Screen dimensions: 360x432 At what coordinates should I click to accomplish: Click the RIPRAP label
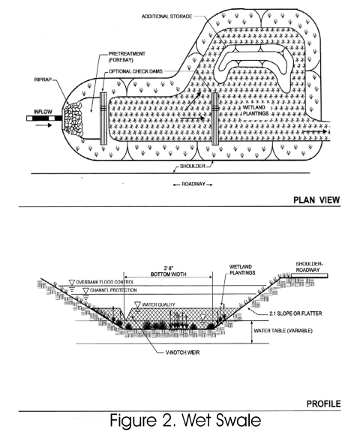43,79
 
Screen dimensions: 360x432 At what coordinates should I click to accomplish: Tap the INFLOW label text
43,112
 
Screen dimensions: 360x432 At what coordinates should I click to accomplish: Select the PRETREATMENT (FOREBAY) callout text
127,57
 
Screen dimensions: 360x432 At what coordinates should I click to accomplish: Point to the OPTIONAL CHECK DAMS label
136,71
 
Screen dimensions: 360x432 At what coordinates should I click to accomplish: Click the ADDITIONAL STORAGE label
167,16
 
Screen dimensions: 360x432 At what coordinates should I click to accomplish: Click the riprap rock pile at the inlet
73,118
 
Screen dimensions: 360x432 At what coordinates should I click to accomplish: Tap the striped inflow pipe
44,118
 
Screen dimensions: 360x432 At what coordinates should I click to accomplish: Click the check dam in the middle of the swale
214,118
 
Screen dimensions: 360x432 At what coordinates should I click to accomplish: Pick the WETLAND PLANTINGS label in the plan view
256,110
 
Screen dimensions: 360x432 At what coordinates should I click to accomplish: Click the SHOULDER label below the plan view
193,166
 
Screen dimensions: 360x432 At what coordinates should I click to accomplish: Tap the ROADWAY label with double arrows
193,184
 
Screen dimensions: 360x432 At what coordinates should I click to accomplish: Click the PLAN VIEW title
316,199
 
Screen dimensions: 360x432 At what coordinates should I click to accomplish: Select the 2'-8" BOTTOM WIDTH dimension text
168,271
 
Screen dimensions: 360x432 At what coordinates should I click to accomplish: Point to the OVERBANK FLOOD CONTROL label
105,282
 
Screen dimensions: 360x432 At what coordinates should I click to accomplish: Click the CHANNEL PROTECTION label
113,290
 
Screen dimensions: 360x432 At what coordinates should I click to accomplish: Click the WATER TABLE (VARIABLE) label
283,330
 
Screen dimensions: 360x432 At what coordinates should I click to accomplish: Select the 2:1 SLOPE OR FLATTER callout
295,313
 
